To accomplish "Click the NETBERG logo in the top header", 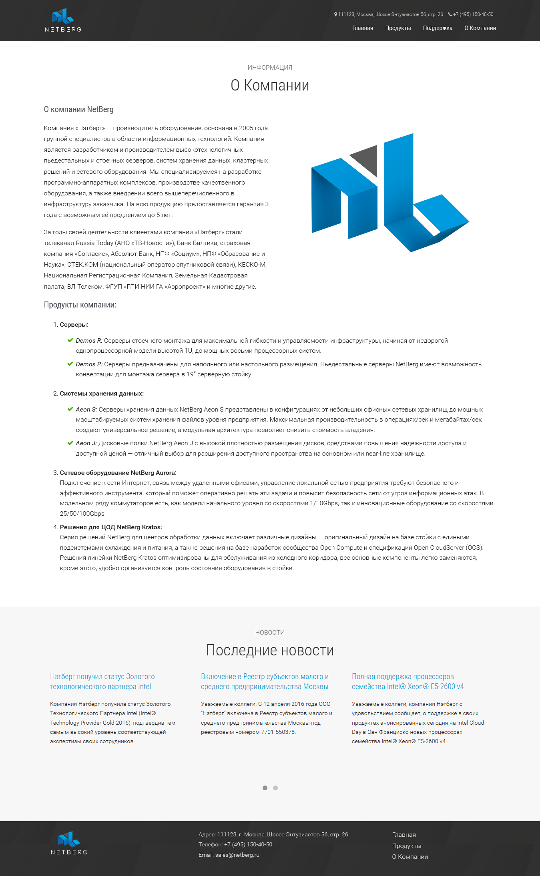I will tap(63, 20).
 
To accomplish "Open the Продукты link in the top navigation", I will tap(398, 28).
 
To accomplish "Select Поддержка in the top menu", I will tap(438, 28).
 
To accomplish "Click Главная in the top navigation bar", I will tap(363, 28).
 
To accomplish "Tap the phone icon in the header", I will tap(450, 14).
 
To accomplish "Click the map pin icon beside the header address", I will tap(335, 14).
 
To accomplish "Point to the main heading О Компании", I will tap(270, 85).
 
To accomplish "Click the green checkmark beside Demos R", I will tap(70, 340).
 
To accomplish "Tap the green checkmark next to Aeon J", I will tap(70, 443).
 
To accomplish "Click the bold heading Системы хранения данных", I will tap(102, 394).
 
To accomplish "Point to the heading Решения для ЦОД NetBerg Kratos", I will tap(111, 527).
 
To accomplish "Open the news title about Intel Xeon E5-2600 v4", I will tap(408, 681).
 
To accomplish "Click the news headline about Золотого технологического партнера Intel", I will tap(102, 681).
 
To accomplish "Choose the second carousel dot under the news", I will tap(275, 788).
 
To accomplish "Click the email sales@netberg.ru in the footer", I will tap(237, 855).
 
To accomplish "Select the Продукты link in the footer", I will tap(406, 846).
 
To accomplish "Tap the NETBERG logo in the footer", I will tap(69, 843).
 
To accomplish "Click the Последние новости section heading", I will tap(270, 650).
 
